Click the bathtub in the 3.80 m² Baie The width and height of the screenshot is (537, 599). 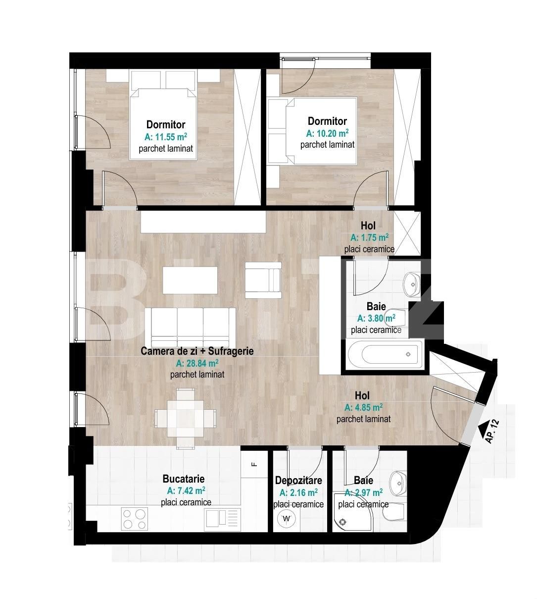tap(384, 354)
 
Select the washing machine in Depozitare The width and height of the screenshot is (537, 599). tap(286, 519)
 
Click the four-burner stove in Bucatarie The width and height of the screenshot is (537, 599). tap(134, 519)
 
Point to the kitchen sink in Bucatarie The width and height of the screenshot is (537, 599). tap(221, 519)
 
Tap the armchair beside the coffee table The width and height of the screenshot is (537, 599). tap(263, 280)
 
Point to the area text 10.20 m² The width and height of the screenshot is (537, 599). tap(327, 133)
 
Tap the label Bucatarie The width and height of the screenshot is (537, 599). tap(183, 479)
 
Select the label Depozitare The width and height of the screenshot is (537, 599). tap(298, 480)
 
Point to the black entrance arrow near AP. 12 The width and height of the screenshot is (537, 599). tap(481, 424)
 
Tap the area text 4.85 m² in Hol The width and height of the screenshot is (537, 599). tap(363, 408)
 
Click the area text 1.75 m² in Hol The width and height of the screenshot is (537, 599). tap(369, 237)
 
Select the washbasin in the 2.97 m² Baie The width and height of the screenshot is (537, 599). tap(397, 481)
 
